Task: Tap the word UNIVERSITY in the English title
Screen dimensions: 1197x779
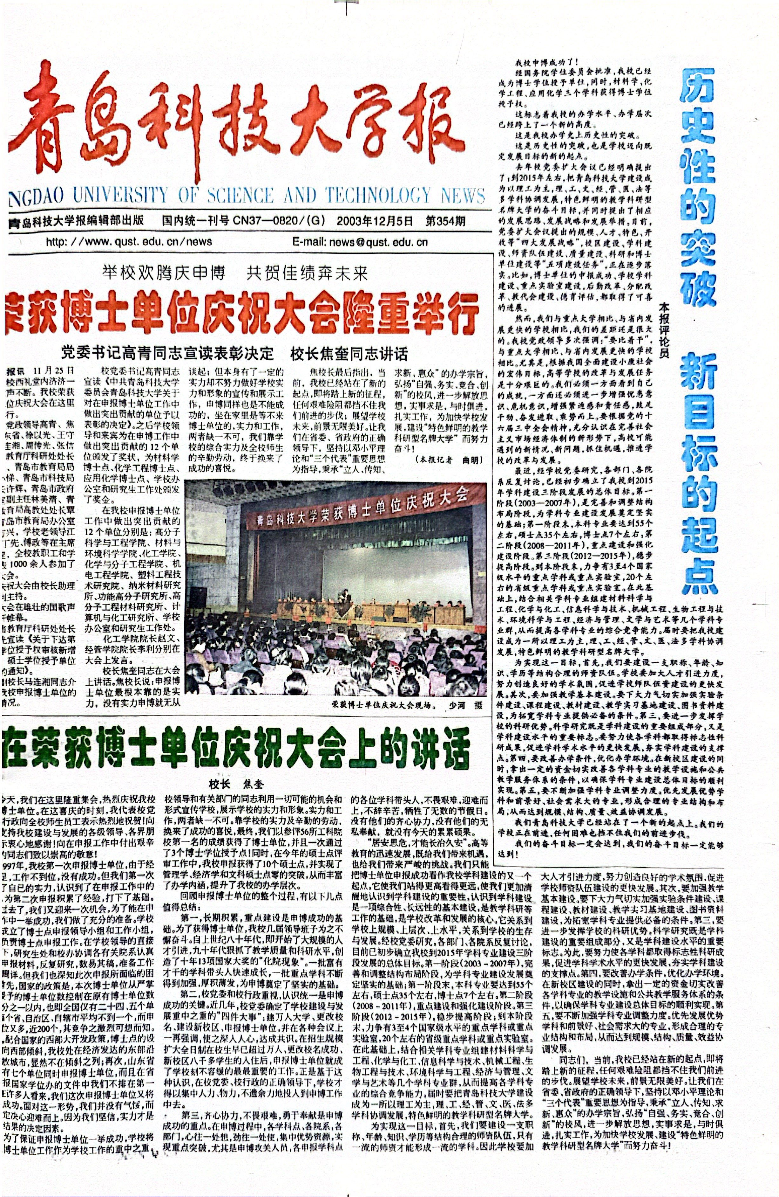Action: [x=120, y=195]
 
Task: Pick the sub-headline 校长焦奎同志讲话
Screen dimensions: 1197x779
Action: [x=349, y=354]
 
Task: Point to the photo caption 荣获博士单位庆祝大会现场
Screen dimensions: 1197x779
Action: [x=382, y=705]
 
